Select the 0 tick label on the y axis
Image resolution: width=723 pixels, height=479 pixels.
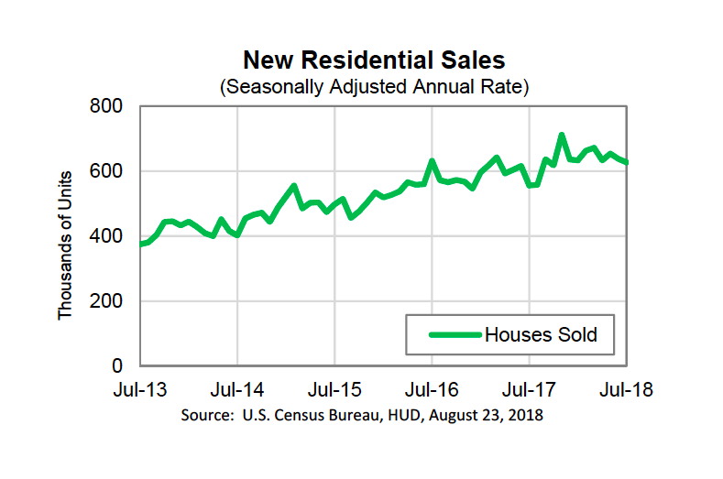(125, 366)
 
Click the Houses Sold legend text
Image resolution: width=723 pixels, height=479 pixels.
(541, 335)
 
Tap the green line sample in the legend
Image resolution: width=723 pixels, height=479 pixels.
(455, 335)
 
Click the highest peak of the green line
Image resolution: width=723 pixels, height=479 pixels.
(561, 136)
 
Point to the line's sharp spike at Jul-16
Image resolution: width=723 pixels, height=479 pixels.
(432, 162)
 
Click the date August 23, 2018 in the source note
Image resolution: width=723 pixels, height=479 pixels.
(487, 415)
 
